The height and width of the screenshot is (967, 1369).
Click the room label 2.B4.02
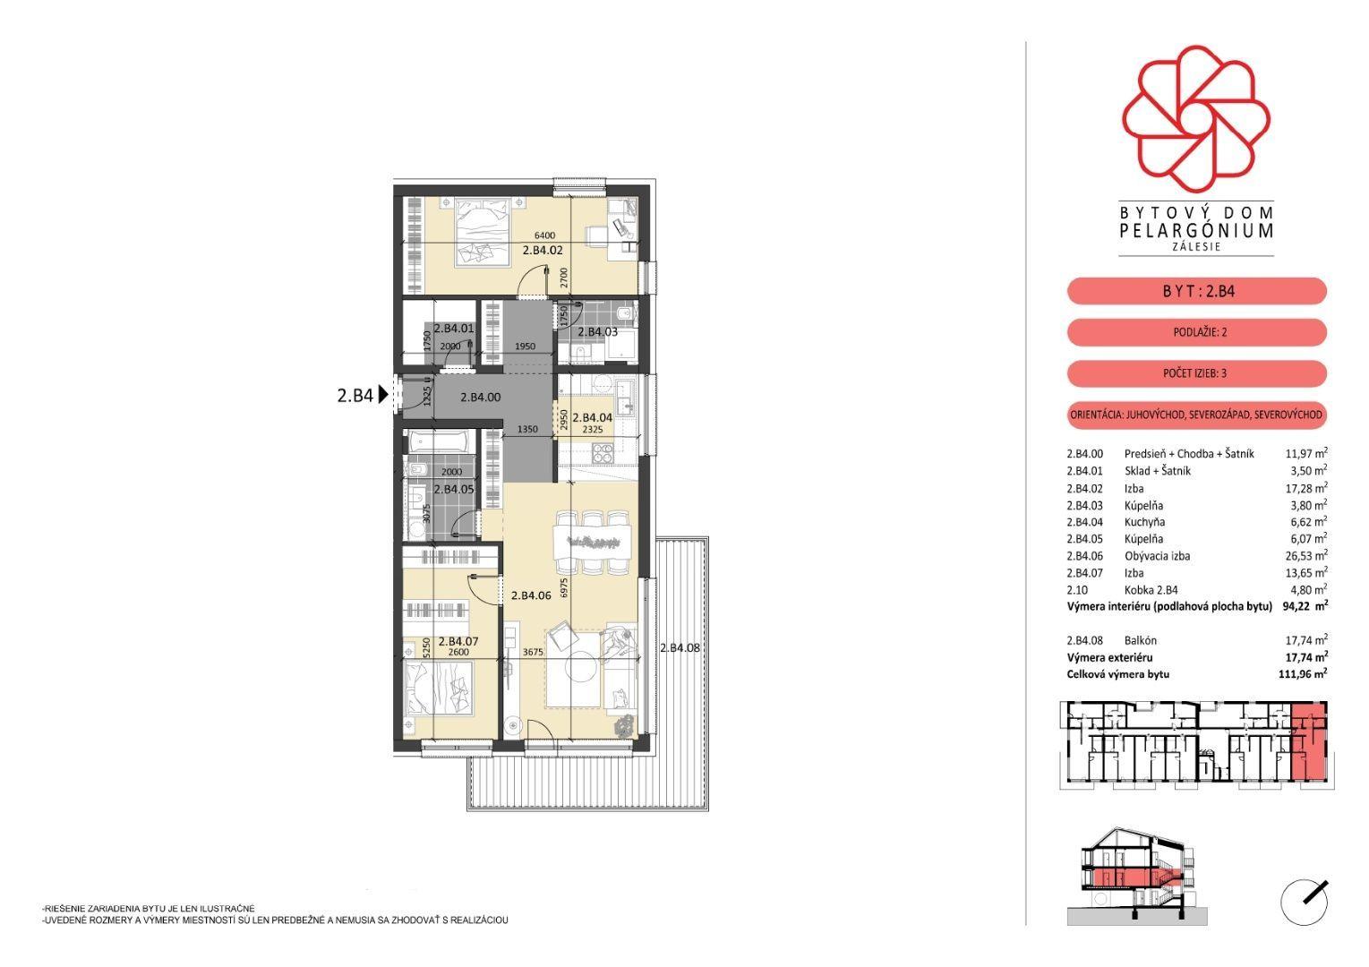tap(542, 250)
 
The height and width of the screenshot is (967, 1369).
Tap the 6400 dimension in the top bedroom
tap(544, 235)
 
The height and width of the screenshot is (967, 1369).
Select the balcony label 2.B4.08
tap(680, 647)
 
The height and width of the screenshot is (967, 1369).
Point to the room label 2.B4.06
tap(531, 595)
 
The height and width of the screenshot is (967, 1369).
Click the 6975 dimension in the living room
tap(564, 588)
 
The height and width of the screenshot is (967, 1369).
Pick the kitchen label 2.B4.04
tap(592, 417)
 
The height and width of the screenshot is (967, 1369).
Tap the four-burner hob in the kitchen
tap(603, 453)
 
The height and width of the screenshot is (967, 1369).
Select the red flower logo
tap(1196, 118)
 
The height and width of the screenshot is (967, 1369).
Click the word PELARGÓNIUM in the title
tap(1196, 230)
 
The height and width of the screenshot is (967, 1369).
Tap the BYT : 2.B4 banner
tap(1197, 291)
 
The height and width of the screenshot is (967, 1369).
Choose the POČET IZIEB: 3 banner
tap(1197, 372)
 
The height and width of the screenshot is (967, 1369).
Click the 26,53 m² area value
tap(1306, 556)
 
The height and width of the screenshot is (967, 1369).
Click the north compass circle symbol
tap(1305, 903)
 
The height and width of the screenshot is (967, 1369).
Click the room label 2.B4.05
tap(454, 489)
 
